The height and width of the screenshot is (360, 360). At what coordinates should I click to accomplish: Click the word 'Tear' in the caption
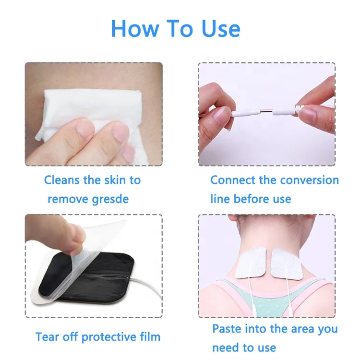coord(47,336)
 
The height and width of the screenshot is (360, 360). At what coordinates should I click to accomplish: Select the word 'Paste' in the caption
coord(228,329)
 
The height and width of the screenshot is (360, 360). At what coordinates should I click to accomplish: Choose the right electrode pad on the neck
coord(287,262)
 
